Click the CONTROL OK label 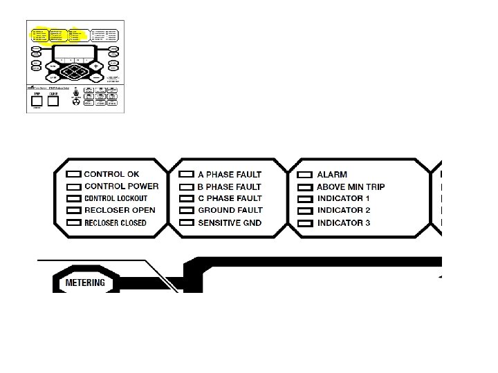(x=111, y=174)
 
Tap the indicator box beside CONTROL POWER (x=73, y=186)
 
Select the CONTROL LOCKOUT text (x=116, y=198)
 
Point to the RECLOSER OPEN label (x=120, y=210)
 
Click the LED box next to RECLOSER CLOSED (x=73, y=223)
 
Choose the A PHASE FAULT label (x=230, y=175)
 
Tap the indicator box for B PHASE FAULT (x=186, y=187)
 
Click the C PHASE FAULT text (x=230, y=198)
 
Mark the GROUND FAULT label (x=230, y=210)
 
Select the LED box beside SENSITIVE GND (x=186, y=223)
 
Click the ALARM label (x=332, y=175)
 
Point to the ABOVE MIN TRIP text (x=351, y=186)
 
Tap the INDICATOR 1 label (x=344, y=198)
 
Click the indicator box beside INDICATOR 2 (x=305, y=211)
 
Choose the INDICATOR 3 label (x=344, y=222)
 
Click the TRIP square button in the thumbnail (x=37, y=100)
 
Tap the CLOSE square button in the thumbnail (x=53, y=100)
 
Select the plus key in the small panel (x=95, y=66)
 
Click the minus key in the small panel (x=95, y=78)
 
